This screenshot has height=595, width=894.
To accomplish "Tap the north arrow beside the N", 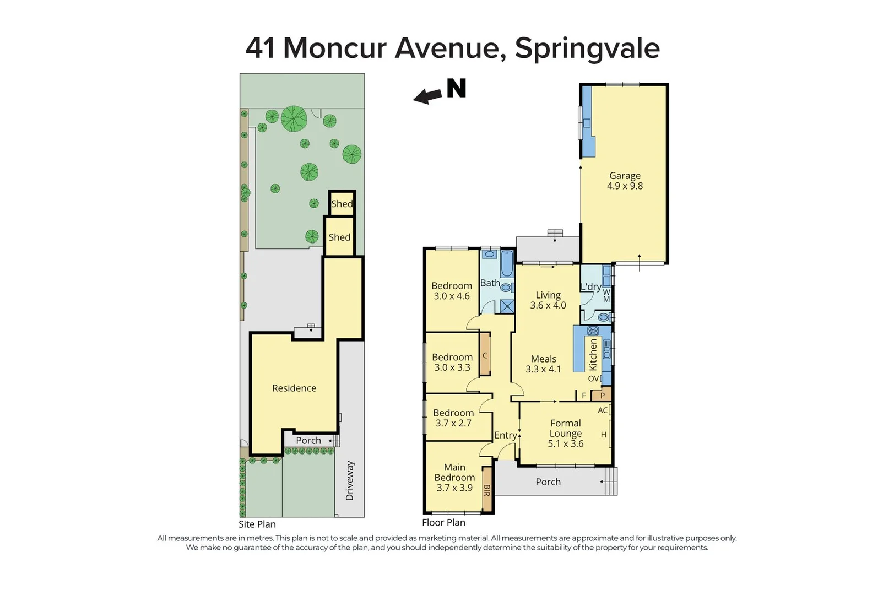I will [429, 97].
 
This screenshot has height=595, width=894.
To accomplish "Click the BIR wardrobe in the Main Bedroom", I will [487, 490].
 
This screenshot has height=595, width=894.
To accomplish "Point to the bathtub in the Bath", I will [507, 264].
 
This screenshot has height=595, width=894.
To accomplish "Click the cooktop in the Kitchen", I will [593, 331].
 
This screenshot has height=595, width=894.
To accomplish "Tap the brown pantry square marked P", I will [602, 395].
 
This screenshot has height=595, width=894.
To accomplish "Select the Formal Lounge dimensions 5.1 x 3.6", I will [565, 443].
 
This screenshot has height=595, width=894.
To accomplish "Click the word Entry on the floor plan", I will [505, 435].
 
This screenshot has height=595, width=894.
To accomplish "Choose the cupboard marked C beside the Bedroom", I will [485, 355].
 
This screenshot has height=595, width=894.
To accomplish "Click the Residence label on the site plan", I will [294, 388].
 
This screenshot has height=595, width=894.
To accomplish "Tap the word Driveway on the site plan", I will [350, 481].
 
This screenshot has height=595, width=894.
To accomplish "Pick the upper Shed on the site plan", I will [342, 203].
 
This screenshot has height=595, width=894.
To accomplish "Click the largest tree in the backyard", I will [294, 118].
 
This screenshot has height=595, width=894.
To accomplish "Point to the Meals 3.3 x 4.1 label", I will [543, 364].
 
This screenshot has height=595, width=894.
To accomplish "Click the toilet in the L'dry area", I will [604, 317].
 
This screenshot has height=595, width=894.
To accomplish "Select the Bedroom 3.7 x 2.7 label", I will [453, 418].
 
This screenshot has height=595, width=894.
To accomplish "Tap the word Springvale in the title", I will [587, 48].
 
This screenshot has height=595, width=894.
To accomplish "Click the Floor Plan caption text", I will [443, 522].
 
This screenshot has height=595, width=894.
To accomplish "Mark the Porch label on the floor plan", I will [548, 482].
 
